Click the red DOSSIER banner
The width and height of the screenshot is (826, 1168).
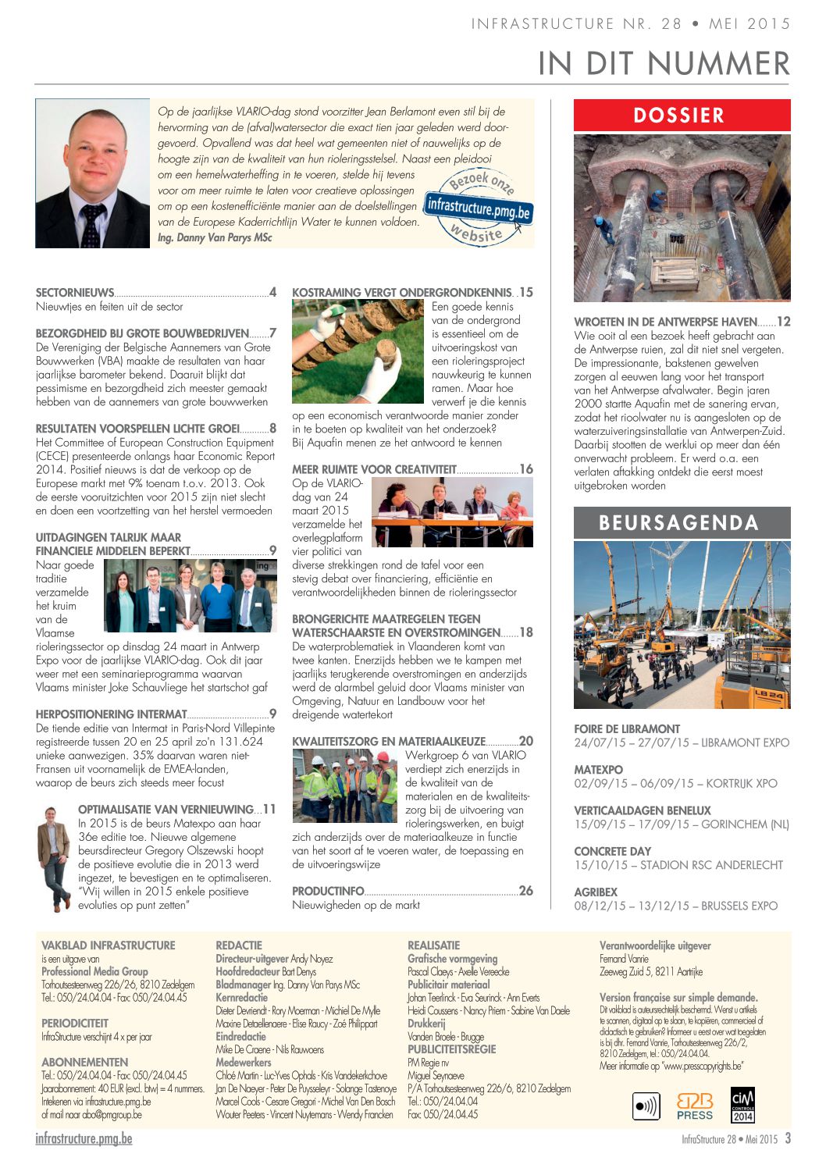[x=682, y=116]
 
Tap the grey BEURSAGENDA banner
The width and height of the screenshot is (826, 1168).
[x=682, y=522]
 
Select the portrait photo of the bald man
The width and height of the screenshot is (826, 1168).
[x=92, y=173]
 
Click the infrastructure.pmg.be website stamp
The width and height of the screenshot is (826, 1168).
[x=479, y=208]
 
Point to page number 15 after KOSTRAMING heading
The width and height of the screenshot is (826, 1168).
[x=526, y=292]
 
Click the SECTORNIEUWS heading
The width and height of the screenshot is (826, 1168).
[x=75, y=293]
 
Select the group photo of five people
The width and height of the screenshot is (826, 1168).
[x=190, y=595]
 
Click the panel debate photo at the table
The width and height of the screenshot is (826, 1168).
[x=452, y=512]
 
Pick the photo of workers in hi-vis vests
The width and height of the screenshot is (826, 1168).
[x=345, y=785]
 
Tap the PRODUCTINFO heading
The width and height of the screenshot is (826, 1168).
[x=328, y=891]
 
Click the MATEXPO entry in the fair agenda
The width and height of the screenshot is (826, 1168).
[x=598, y=770]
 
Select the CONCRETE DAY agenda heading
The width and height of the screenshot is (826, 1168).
[x=612, y=851]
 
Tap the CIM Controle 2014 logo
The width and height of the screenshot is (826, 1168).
[x=742, y=1104]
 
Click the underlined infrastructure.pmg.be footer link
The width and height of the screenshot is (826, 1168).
[x=84, y=1139]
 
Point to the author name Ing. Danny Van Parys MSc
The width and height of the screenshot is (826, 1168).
[x=215, y=237]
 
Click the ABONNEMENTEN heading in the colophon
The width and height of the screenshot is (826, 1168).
[x=84, y=1062]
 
